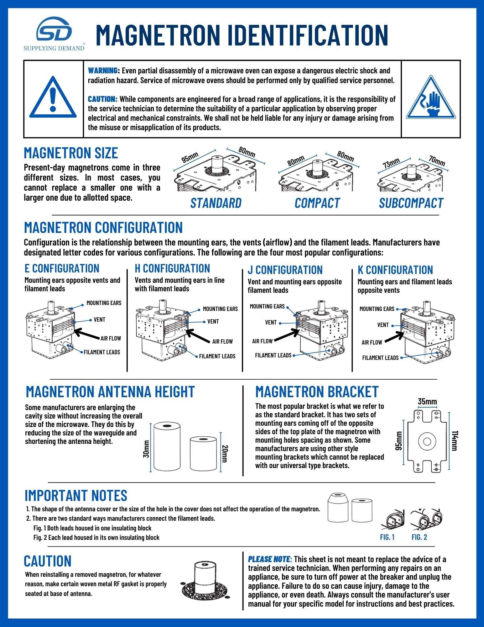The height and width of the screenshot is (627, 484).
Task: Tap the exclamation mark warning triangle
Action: click(x=53, y=98)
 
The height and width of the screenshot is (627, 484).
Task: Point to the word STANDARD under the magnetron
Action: click(x=216, y=203)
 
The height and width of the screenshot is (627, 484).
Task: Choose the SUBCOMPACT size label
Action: click(x=411, y=203)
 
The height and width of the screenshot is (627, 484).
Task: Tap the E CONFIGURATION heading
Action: click(x=62, y=268)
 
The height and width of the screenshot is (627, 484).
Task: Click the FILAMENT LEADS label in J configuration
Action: click(x=273, y=355)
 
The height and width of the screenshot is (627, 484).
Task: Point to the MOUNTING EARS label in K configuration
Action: click(x=377, y=309)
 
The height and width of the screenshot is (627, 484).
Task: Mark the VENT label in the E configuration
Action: click(x=99, y=319)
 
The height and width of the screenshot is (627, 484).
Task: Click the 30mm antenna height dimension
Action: click(x=146, y=449)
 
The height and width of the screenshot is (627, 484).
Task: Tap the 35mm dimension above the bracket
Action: click(x=427, y=402)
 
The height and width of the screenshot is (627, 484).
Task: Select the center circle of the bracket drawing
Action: click(x=427, y=441)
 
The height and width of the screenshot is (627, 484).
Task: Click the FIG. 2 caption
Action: click(x=419, y=537)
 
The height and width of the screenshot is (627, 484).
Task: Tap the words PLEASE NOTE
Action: click(x=269, y=559)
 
